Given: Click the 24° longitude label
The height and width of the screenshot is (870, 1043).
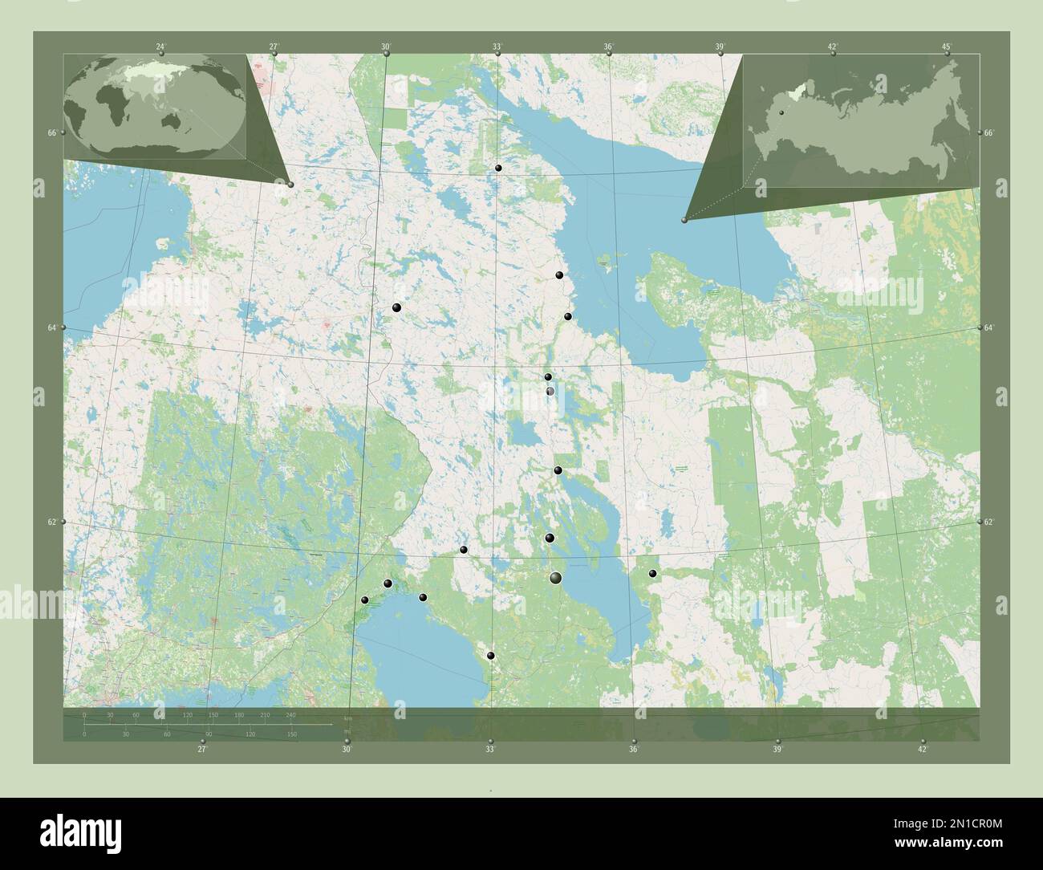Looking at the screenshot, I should pos(161,47).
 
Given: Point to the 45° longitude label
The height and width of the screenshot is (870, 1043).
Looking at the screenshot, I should pos(947,47).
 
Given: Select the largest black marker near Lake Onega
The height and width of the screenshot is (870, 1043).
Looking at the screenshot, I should pos(556,578).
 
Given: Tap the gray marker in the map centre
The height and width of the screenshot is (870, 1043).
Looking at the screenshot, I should pos(550,391).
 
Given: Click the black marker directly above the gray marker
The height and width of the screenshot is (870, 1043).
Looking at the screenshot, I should pos(548,376).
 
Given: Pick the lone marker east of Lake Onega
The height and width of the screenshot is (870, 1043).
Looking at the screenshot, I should pos(653,573).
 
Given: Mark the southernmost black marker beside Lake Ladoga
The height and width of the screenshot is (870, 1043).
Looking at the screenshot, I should pos(491,656).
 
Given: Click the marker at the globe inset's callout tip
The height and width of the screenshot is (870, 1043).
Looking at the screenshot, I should pos(290,185).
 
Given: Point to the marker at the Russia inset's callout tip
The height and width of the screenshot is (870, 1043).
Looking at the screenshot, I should pos(684,220).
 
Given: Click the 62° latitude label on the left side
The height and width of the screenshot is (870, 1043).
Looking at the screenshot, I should pos(51,522).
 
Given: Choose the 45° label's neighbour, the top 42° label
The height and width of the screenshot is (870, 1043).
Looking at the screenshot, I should pos(834,47).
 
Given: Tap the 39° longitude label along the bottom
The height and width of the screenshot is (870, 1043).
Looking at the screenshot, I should pos(777,750).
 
